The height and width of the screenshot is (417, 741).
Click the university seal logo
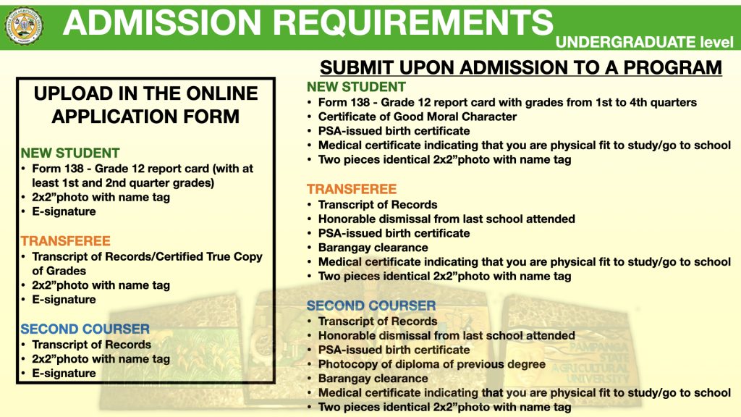click(x=24, y=26)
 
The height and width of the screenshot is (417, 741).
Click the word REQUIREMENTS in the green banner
click(x=413, y=22)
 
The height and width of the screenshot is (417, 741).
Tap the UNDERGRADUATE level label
click(x=645, y=42)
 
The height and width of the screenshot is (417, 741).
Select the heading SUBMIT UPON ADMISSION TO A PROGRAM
click(x=521, y=67)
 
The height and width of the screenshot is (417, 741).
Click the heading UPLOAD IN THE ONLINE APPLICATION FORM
click(x=145, y=105)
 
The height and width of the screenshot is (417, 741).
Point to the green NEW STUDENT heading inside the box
click(x=70, y=153)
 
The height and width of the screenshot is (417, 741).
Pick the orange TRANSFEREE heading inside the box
click(x=65, y=240)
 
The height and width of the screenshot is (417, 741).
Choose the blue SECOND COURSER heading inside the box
click(x=85, y=329)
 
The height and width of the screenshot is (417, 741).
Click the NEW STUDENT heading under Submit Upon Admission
click(x=356, y=87)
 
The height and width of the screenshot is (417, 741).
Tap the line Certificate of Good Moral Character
click(x=418, y=117)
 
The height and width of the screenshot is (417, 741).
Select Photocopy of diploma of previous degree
click(x=432, y=364)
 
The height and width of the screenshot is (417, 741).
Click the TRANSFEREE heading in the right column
click(x=352, y=189)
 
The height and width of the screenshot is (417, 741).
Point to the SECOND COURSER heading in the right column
click(x=371, y=306)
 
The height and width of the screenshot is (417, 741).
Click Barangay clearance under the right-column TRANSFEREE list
click(x=373, y=248)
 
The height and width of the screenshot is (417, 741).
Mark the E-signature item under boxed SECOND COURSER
click(x=64, y=373)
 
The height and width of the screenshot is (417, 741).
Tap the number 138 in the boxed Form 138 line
click(x=76, y=168)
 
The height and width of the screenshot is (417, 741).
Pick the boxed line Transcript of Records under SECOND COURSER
click(x=92, y=344)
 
